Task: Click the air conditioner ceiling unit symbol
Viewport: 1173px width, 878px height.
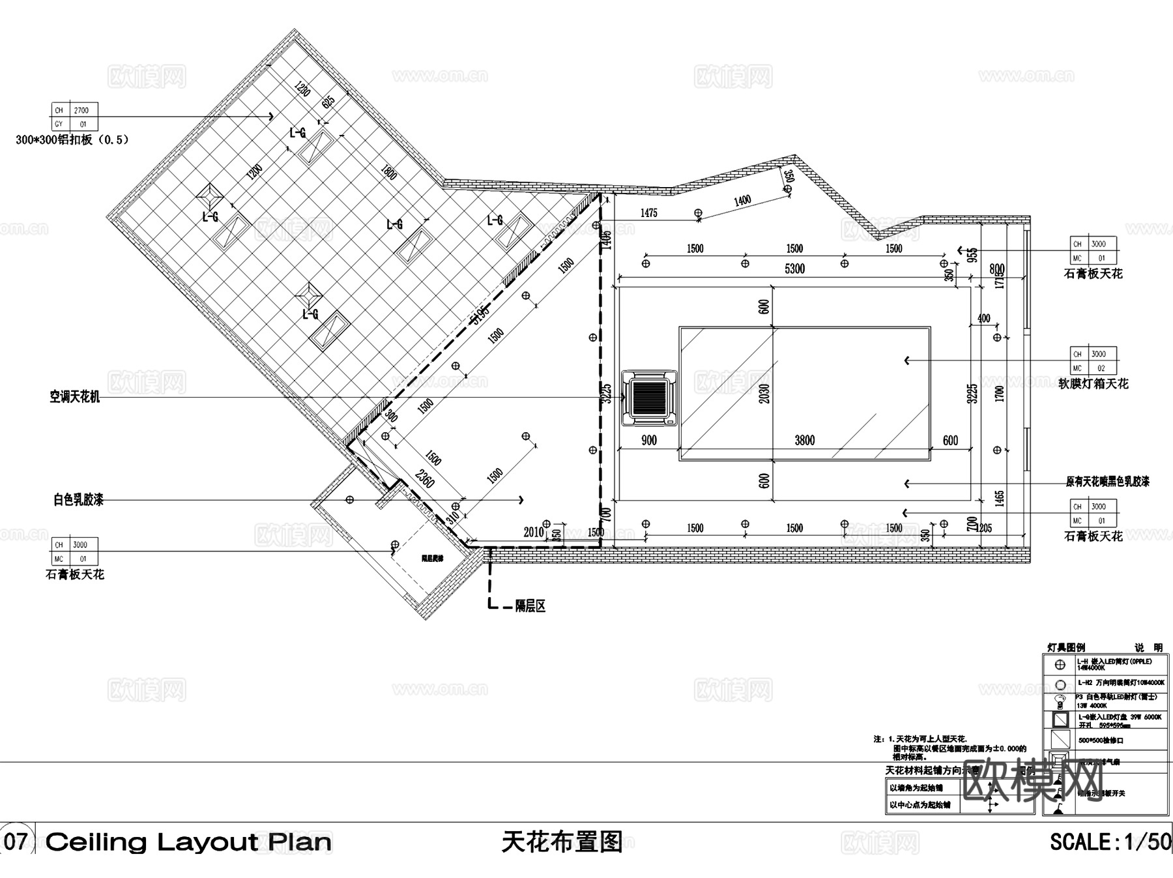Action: (649, 398)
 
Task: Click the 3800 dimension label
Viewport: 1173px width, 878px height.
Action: (804, 441)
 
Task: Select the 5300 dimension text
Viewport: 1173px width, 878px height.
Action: (794, 269)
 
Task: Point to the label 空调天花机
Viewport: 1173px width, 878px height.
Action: (75, 397)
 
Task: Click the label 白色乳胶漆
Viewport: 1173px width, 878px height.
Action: (78, 500)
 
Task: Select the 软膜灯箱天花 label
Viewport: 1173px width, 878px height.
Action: (1093, 383)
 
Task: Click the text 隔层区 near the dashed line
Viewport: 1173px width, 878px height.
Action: (530, 606)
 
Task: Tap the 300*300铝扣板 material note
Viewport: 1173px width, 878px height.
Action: (72, 139)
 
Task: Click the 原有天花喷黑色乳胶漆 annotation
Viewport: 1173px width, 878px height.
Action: (1107, 482)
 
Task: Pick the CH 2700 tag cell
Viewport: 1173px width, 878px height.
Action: (74, 110)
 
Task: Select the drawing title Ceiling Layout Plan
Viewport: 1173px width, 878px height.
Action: (188, 842)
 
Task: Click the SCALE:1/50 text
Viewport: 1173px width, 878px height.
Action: (1110, 841)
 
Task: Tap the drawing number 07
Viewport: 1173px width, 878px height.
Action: (16, 841)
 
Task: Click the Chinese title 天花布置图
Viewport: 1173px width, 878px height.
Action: (562, 841)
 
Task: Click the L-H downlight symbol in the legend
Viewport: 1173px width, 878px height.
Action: (1060, 665)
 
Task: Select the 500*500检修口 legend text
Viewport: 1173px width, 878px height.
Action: (1101, 740)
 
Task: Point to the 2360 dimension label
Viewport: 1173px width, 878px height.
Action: (425, 479)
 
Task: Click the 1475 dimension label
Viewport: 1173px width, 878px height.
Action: (649, 212)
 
